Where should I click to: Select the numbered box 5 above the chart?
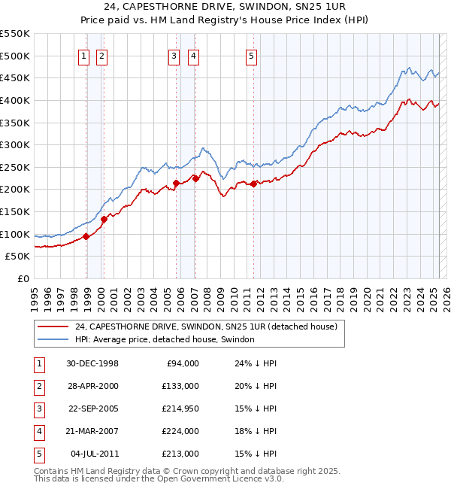click(251, 55)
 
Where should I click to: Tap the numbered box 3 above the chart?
click(174, 55)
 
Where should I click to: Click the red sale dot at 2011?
click(254, 183)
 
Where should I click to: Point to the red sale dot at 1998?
click(86, 236)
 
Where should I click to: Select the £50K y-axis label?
click(17, 257)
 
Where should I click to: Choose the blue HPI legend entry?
click(165, 339)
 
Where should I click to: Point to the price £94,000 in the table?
click(181, 363)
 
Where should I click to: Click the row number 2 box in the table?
click(38, 386)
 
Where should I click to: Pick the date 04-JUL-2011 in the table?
click(92, 454)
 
